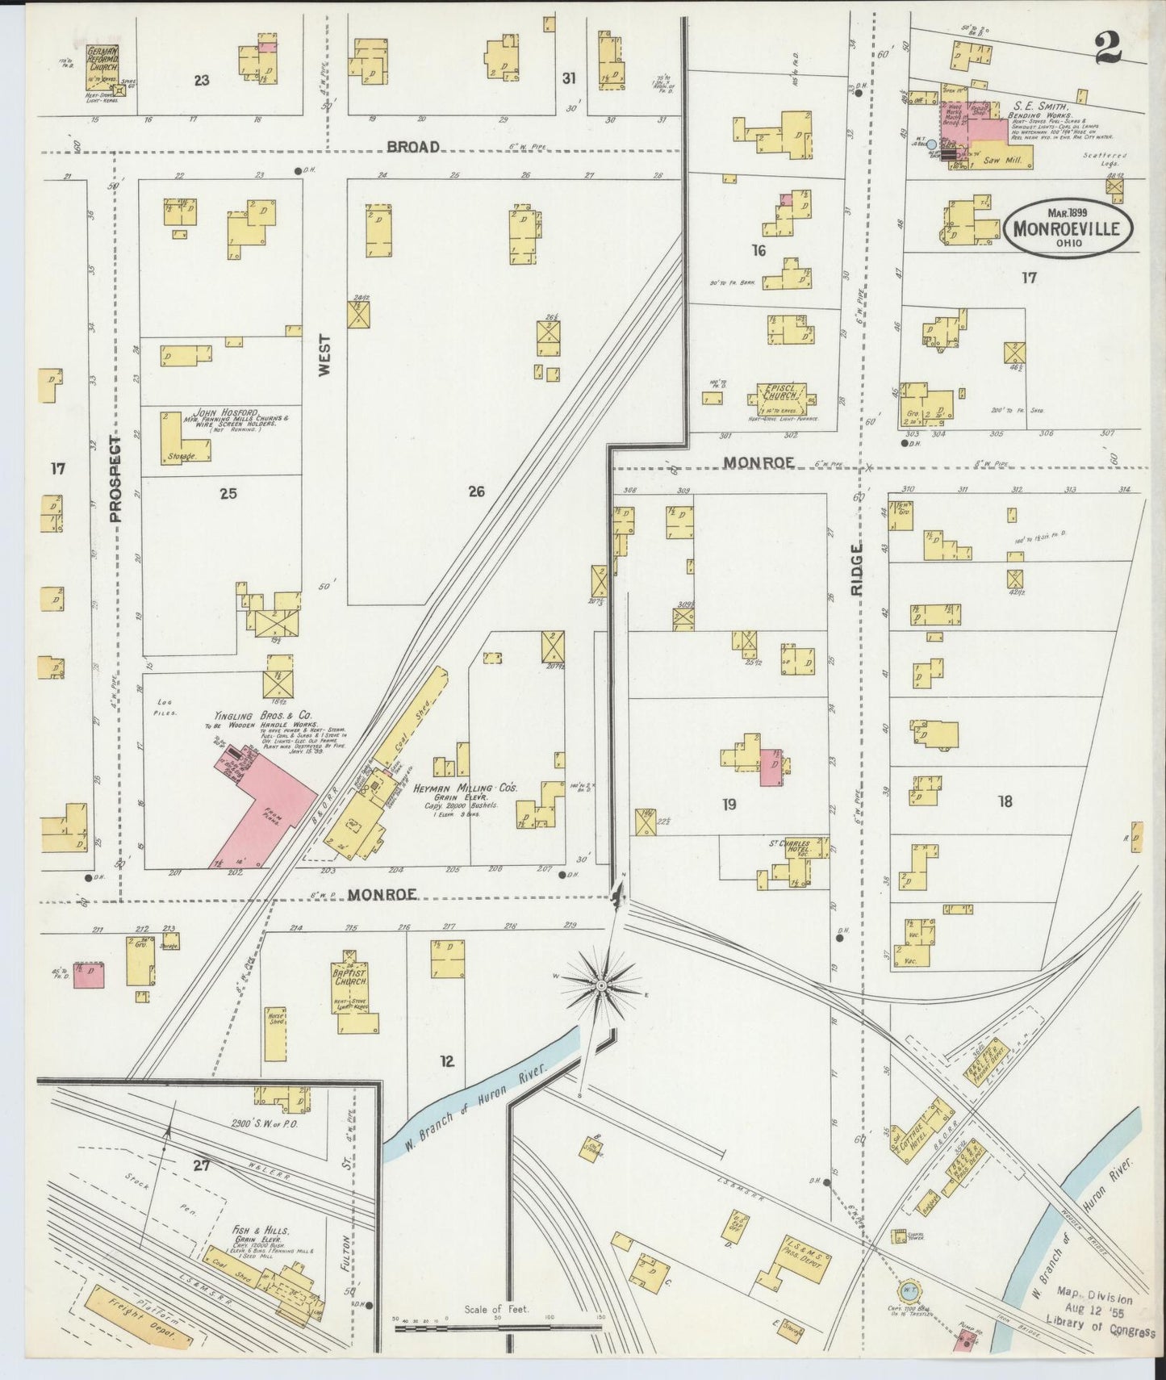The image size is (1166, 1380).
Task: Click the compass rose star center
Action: pyautogui.click(x=601, y=985)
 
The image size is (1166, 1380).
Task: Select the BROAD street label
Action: pyautogui.click(x=413, y=147)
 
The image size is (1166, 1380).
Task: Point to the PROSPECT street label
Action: pyautogui.click(x=115, y=479)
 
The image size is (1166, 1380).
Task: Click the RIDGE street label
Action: pyautogui.click(x=856, y=569)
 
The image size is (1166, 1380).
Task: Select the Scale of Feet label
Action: pyautogui.click(x=496, y=1309)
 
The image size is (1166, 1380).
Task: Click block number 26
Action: pyautogui.click(x=476, y=491)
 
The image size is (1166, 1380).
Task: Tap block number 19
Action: pyautogui.click(x=729, y=804)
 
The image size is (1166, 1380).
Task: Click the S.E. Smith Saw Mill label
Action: pyautogui.click(x=1003, y=161)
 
